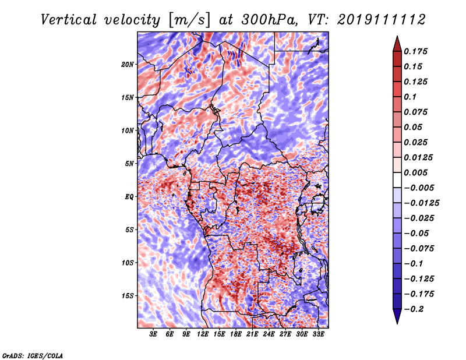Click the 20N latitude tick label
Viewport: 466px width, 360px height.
[128, 65]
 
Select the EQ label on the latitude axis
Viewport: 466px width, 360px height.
[129, 197]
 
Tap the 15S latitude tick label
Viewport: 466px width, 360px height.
[128, 296]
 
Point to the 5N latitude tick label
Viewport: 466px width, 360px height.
[129, 164]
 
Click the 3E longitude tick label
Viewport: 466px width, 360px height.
[153, 334]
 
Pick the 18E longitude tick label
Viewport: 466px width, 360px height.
[236, 334]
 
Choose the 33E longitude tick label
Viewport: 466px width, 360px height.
[318, 334]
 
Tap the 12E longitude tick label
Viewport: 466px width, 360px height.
[203, 334]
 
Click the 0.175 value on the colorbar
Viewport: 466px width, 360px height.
[415, 51]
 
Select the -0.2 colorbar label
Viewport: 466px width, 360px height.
[414, 309]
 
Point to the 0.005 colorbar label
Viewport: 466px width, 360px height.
[415, 172]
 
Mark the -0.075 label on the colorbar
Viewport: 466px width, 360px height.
[419, 249]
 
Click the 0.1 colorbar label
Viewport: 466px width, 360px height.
[410, 97]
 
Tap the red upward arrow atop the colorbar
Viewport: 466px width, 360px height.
[397, 44]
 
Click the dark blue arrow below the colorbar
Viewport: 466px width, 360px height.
[397, 316]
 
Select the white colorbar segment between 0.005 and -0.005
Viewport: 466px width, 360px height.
[397, 180]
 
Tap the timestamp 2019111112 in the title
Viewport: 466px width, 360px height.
[382, 20]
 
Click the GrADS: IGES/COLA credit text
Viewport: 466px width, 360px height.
[33, 356]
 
